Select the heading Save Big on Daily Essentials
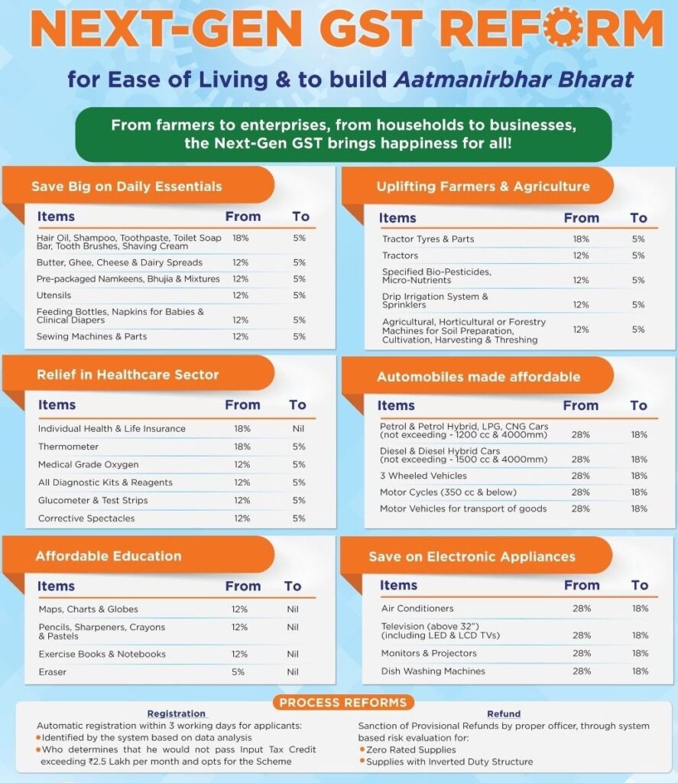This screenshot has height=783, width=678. [127, 186]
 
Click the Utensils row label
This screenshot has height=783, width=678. [53, 295]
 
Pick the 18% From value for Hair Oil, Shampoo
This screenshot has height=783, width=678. [241, 239]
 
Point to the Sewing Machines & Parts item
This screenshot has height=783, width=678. [92, 336]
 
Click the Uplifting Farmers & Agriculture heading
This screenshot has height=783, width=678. [483, 187]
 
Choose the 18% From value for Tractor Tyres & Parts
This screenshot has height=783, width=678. [581, 239]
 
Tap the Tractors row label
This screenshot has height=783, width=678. [401, 255]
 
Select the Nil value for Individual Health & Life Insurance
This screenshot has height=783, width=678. [298, 429]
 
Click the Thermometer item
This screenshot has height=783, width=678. [68, 447]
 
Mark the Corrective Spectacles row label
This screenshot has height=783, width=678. [86, 518]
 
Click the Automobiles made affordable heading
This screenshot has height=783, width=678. [478, 377]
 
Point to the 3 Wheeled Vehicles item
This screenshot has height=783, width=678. [423, 476]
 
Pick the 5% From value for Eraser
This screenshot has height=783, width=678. [238, 672]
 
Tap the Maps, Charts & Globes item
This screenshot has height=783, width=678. [88, 609]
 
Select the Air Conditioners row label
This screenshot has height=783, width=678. [417, 609]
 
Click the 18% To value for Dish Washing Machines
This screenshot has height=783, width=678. [640, 671]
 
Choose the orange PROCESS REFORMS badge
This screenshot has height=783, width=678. [342, 703]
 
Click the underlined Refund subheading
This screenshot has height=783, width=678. [504, 714]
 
